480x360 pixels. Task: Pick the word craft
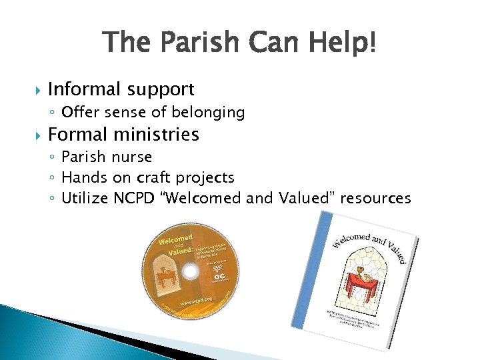153,178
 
